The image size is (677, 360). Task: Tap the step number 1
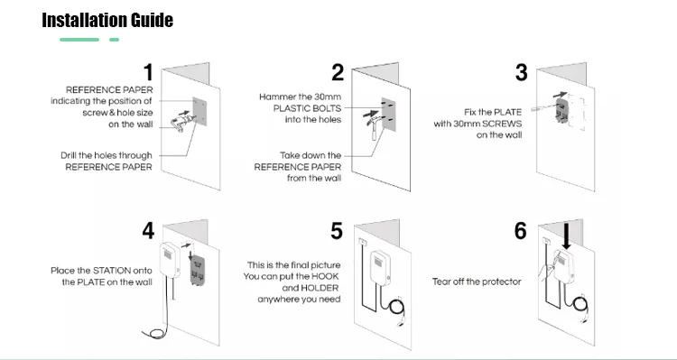(149, 72)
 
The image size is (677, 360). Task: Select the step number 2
(338, 72)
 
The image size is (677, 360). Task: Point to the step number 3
(521, 72)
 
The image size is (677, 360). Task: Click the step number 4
(148, 230)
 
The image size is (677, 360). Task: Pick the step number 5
(337, 231)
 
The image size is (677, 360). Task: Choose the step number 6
(520, 231)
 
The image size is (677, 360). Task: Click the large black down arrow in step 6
(567, 235)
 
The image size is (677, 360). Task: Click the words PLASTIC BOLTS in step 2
(307, 108)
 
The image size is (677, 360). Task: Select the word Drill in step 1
(70, 155)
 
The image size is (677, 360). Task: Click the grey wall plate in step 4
(197, 270)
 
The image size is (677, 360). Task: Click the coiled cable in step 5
(396, 308)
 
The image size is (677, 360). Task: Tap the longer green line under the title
(79, 40)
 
